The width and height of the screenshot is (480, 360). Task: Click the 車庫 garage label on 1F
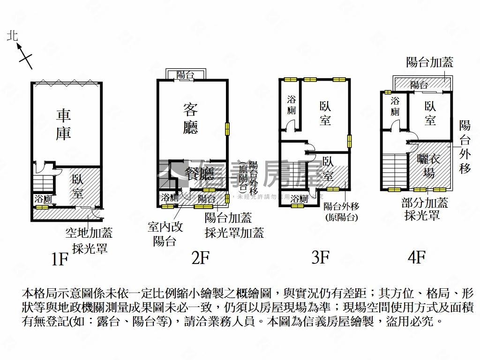tap(64, 124)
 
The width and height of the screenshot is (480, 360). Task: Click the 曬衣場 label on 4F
tap(429, 165)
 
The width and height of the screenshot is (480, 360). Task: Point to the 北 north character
tap(12, 36)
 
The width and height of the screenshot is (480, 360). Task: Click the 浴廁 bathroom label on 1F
tap(43, 199)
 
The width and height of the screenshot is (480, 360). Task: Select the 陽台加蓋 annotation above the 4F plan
tap(430, 62)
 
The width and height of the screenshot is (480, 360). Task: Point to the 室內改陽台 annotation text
tap(165, 233)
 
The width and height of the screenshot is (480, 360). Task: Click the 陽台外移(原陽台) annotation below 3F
tap(341, 211)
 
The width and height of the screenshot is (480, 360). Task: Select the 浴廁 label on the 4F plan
tap(395, 106)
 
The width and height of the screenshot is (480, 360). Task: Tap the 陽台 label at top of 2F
tap(186, 75)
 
